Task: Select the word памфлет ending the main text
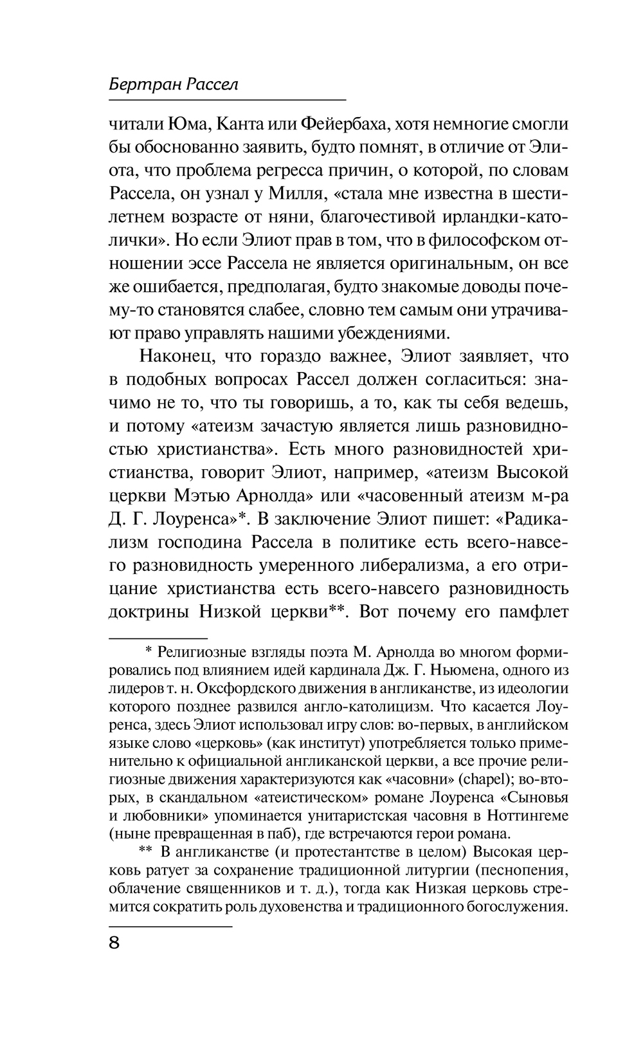pyautogui.click(x=529, y=611)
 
